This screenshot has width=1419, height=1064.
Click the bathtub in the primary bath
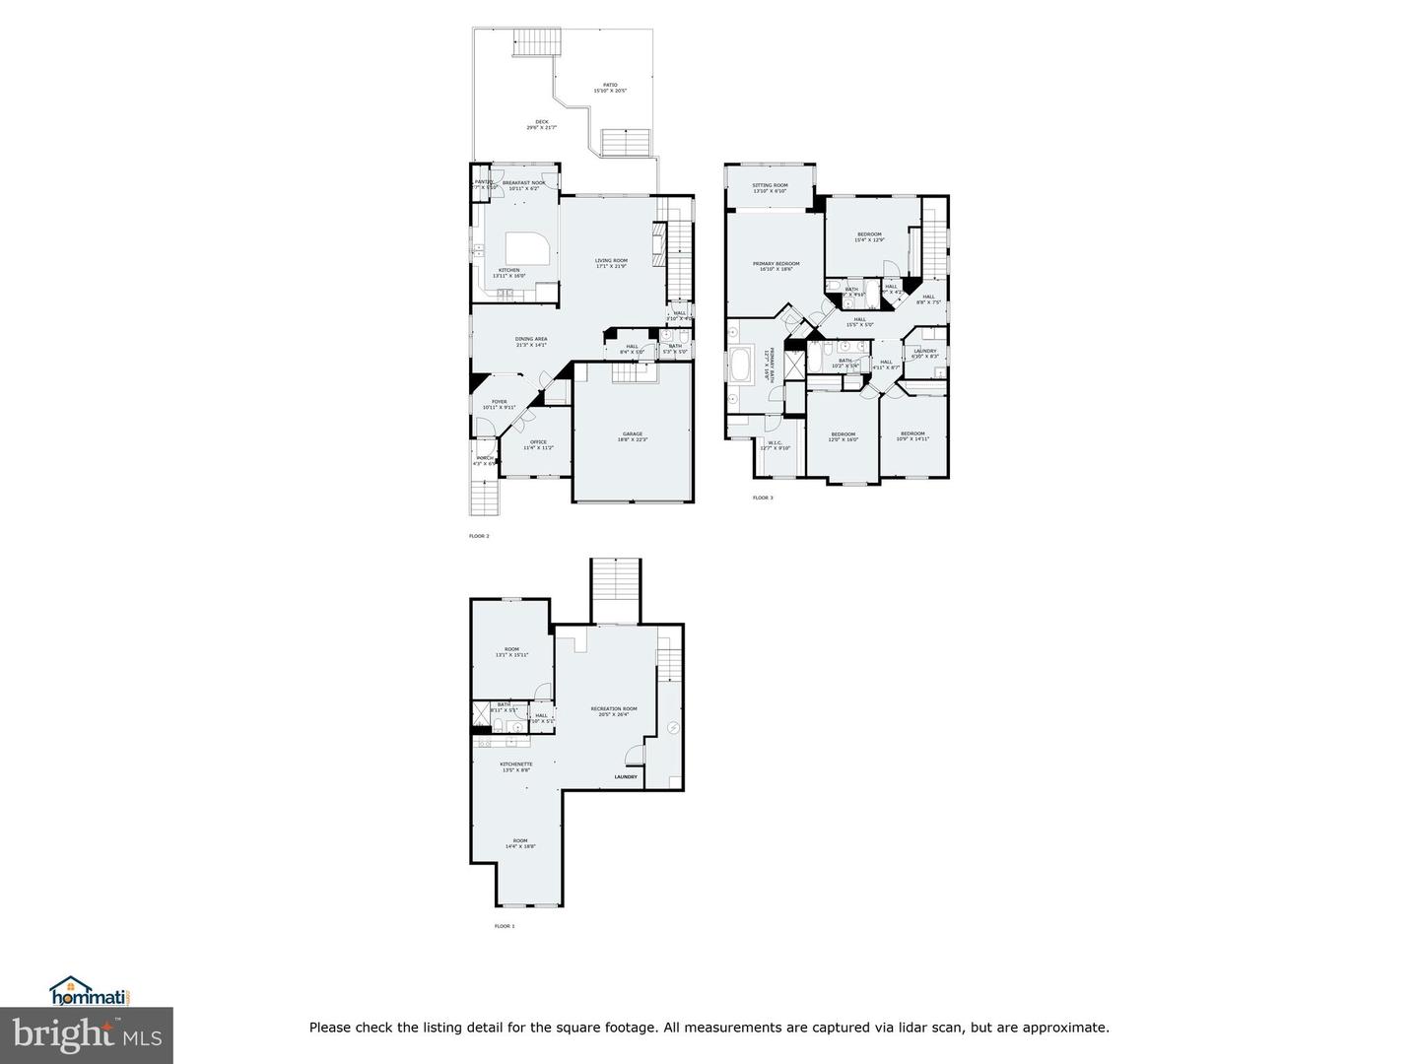click(x=741, y=367)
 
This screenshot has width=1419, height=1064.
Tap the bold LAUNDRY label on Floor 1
click(x=626, y=777)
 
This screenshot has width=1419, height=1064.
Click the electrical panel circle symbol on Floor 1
click(x=674, y=728)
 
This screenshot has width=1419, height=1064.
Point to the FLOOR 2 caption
click(x=479, y=536)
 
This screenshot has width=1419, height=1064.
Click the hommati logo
click(x=91, y=991)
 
